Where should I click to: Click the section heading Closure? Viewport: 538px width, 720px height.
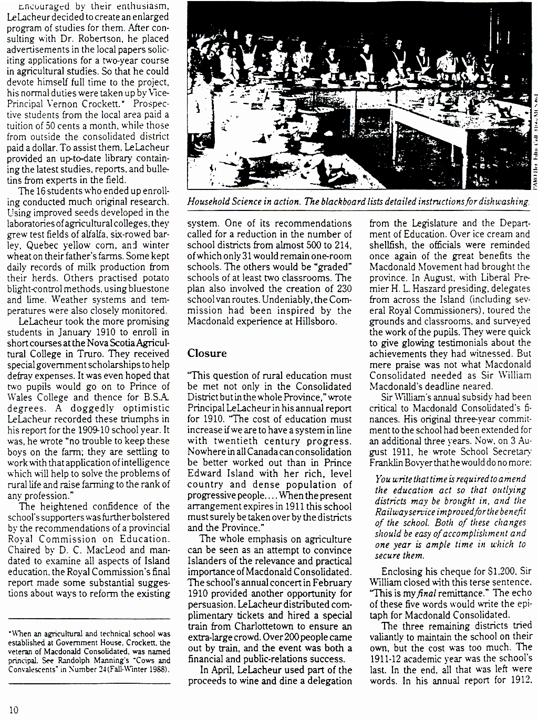coord(207,353)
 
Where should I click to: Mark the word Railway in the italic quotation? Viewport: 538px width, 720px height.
coord(391,512)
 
